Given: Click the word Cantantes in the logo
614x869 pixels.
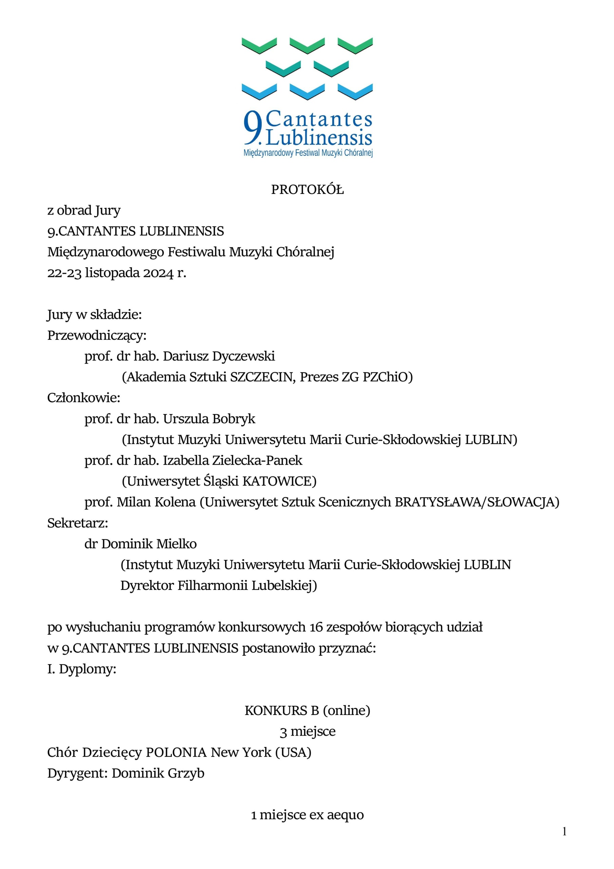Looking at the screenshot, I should pyautogui.click(x=319, y=119).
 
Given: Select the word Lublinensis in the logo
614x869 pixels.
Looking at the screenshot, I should pyautogui.click(x=319, y=138).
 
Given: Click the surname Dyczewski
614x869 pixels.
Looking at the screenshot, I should pyautogui.click(x=243, y=356).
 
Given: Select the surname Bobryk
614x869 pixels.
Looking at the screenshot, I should pyautogui.click(x=234, y=419).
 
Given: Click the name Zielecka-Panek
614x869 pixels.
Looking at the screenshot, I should pyautogui.click(x=257, y=460).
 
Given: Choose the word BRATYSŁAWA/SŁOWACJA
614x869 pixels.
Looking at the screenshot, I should pyautogui.click(x=477, y=502).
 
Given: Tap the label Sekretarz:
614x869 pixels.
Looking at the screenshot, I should pyautogui.click(x=78, y=523).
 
